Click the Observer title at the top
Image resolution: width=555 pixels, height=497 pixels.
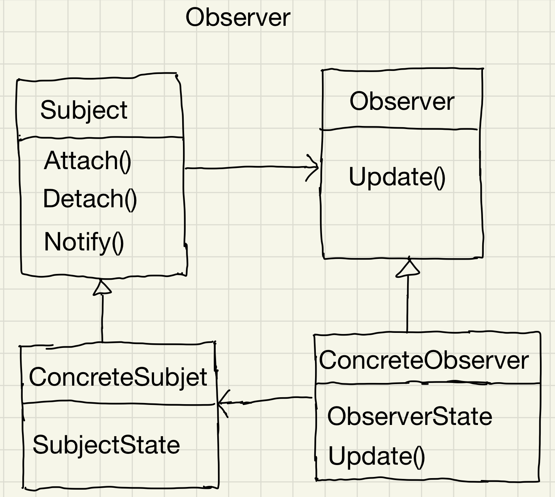click(x=238, y=18)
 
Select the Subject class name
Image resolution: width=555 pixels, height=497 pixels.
click(x=84, y=111)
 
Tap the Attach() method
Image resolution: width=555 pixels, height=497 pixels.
click(x=88, y=161)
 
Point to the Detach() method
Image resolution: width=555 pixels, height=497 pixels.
click(x=90, y=199)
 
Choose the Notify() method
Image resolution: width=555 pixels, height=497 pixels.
click(x=84, y=242)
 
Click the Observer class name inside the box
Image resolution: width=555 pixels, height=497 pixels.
click(x=402, y=102)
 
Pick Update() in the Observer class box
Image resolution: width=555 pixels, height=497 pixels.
click(x=397, y=177)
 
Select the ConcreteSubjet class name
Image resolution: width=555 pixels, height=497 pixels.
click(x=118, y=377)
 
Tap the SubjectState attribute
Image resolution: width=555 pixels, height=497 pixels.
click(x=106, y=445)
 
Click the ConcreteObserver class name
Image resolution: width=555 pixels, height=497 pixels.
click(x=424, y=361)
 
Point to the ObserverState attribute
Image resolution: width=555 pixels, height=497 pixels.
click(x=409, y=416)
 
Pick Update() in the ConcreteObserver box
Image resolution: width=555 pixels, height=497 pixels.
click(x=376, y=456)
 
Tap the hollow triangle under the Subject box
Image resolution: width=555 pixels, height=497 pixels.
click(x=102, y=288)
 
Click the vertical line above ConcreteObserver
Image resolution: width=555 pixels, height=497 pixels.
click(x=407, y=304)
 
